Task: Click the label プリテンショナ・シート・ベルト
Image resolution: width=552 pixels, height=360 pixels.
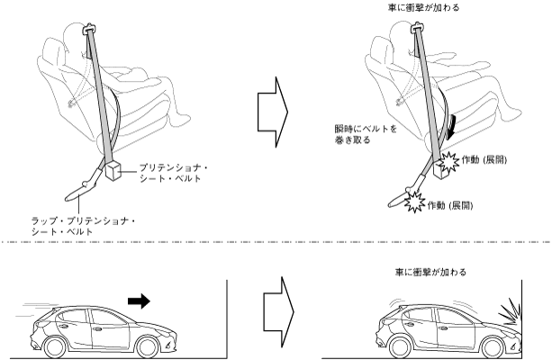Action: (174, 173)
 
